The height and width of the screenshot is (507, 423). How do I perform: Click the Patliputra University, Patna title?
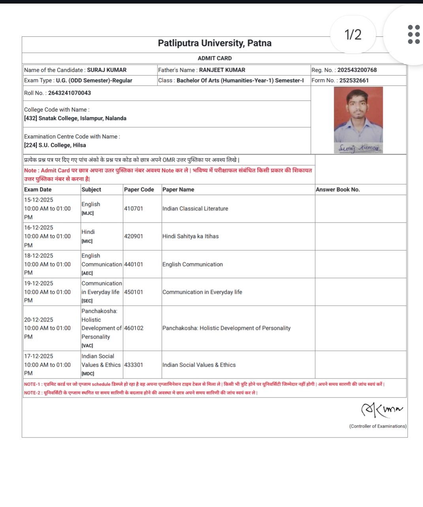coord(214,43)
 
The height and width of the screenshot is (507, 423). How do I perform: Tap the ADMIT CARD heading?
coord(214,58)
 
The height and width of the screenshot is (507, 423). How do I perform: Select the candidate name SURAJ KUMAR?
coord(107,70)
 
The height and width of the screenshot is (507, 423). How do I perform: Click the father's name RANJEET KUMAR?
coord(222,70)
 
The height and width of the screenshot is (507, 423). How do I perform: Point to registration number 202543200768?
coord(357,70)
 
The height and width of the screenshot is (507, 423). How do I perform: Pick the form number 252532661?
coord(354,80)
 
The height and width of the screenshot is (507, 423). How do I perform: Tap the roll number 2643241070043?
coord(70,93)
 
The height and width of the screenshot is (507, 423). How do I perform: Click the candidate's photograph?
coord(358,114)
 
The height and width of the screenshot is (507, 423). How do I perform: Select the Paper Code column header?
coord(139,189)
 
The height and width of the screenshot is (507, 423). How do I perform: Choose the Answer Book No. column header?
coord(338,189)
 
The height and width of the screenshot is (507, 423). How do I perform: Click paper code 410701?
coord(133,208)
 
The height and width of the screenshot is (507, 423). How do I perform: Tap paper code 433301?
coord(133,365)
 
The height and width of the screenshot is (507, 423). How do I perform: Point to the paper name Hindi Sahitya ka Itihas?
coord(190,236)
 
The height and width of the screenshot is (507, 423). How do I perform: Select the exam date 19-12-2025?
coord(39,283)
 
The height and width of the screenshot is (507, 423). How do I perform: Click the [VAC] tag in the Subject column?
coord(87,345)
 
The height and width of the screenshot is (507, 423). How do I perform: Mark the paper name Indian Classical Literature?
coord(195,208)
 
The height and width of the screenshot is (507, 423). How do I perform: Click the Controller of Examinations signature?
coord(382,410)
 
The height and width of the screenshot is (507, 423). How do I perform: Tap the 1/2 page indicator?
coord(353,35)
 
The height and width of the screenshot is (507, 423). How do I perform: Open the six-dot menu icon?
coord(414,34)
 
